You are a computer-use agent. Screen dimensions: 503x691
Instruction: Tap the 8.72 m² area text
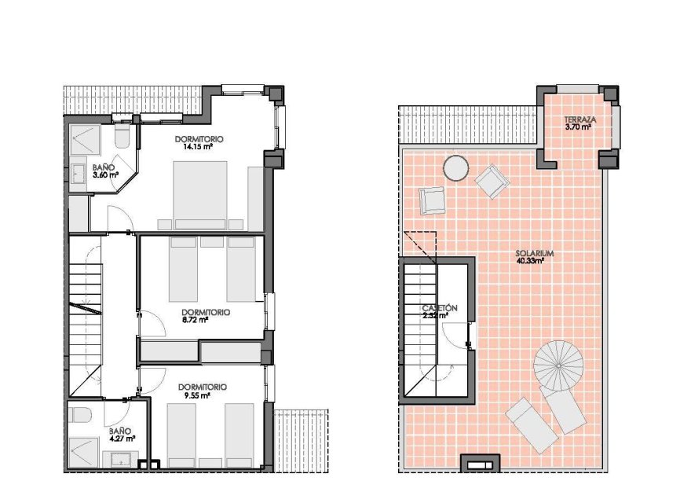coord(196,320)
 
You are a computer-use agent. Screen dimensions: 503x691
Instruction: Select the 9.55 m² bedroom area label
coord(197,395)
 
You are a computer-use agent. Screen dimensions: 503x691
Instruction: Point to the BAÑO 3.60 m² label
coord(105,171)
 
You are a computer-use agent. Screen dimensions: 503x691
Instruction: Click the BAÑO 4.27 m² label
coord(122,435)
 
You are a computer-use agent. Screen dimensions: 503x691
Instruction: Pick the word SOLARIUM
coord(536,253)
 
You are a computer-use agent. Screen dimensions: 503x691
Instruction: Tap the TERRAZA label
coord(581,120)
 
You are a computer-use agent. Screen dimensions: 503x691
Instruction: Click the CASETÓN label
coord(439,308)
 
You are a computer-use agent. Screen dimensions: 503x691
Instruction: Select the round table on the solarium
coord(455,167)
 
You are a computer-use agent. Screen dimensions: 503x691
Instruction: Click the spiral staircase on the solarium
coord(559,365)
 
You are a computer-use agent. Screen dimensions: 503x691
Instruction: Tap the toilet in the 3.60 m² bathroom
coord(122,137)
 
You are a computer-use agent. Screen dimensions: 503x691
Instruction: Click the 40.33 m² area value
coord(531,261)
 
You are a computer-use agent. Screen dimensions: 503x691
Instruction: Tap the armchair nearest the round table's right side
coord(492,181)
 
